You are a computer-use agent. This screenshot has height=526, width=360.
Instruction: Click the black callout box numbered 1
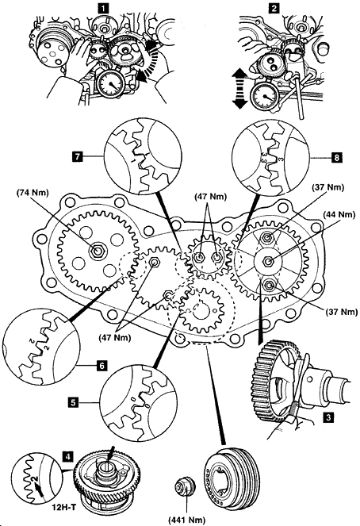pyautogui.click(x=104, y=8)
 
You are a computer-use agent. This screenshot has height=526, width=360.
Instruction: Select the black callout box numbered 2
pyautogui.click(x=274, y=8)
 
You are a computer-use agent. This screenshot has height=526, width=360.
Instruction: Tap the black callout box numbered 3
pyautogui.click(x=328, y=417)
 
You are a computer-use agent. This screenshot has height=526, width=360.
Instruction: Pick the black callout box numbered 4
pyautogui.click(x=68, y=456)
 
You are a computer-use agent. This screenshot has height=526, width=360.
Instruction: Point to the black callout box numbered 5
pyautogui.click(x=73, y=402)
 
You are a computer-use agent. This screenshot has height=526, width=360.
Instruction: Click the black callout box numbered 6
pyautogui.click(x=102, y=365)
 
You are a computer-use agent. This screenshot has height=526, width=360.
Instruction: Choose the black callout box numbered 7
pyautogui.click(x=78, y=156)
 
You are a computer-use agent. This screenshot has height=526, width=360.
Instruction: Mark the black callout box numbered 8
pyautogui.click(x=336, y=157)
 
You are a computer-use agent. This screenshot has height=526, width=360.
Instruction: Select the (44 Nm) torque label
pyautogui.click(x=339, y=214)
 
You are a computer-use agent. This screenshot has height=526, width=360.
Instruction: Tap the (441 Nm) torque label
pyautogui.click(x=187, y=520)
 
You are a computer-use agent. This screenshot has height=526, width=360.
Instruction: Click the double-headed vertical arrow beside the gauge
pyautogui.click(x=239, y=89)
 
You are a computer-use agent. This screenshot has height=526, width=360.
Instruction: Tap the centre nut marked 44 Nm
pyautogui.click(x=267, y=261)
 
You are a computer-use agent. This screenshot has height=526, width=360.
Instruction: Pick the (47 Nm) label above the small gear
pyautogui.click(x=210, y=197)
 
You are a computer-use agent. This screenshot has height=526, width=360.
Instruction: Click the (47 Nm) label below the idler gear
pyautogui.click(x=115, y=337)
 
